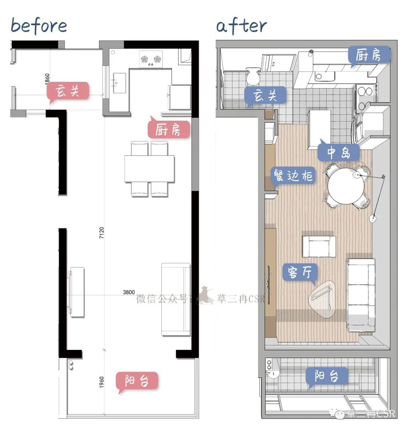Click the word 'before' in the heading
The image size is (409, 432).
pos(39,26)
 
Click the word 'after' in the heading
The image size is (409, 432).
pos(241,26)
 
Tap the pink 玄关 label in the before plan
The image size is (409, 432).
pos(68,91)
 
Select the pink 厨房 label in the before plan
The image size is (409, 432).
pos(169,129)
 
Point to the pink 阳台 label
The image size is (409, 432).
pos(137,381)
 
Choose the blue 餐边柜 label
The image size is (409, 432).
pos(293,176)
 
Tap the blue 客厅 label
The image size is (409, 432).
pos(300,272)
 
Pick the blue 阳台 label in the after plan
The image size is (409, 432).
pos(326,376)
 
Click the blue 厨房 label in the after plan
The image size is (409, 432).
pos(369,55)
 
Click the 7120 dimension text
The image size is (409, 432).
pos(101,233)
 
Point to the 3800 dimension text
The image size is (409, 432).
pos(129,292)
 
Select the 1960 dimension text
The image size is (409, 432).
pos(101,382)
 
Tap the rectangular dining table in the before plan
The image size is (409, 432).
pos(149,169)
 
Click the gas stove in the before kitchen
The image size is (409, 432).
pos(151,59)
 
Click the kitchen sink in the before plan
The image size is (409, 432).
pos(119,83)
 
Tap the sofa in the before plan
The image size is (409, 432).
pos(176,299)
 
